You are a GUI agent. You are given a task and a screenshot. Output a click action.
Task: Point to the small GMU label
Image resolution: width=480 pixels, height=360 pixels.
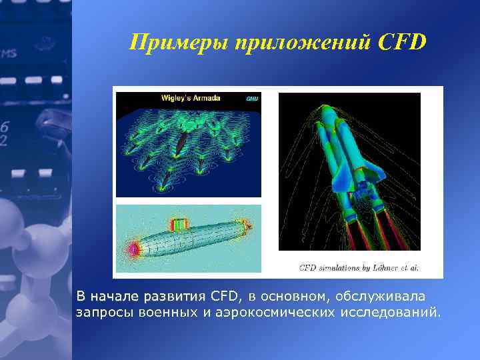click(252, 99)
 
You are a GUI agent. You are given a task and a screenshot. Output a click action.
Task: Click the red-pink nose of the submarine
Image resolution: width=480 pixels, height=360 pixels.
click(135, 249)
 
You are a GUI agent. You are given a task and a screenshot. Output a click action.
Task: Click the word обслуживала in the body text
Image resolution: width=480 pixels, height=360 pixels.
click(384, 295)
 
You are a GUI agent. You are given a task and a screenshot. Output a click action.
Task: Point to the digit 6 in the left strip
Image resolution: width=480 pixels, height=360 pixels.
click(5, 127)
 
